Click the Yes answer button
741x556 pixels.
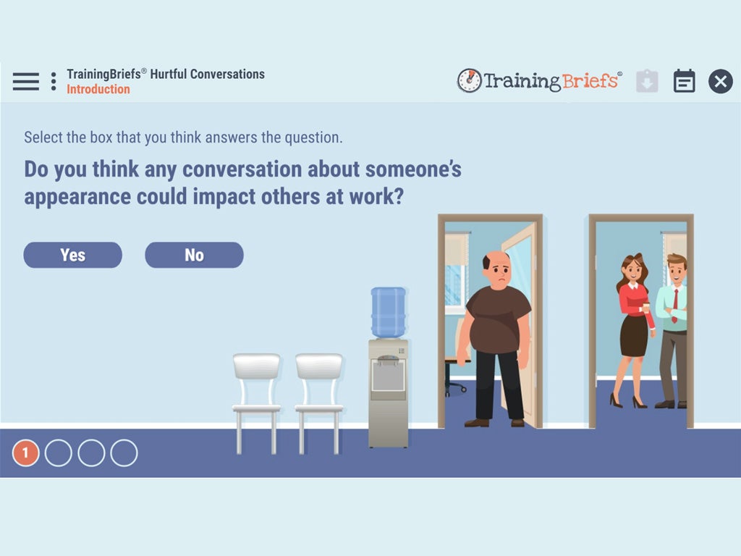click(x=73, y=255)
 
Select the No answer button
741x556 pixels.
click(x=194, y=255)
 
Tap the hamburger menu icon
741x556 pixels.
click(x=26, y=81)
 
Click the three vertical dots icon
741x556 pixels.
click(x=54, y=81)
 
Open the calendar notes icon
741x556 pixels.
click(x=684, y=81)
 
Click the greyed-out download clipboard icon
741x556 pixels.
click(x=647, y=81)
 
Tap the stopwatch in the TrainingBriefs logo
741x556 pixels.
click(x=469, y=80)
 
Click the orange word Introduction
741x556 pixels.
click(x=98, y=89)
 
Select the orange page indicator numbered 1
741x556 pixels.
click(x=25, y=453)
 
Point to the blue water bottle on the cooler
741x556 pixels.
click(x=389, y=312)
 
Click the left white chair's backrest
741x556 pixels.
click(x=257, y=366)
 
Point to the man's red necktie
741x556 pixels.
click(x=675, y=306)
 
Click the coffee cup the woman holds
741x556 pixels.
click(x=646, y=308)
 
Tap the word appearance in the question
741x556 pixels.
click(x=77, y=197)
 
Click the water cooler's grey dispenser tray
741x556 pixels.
click(x=388, y=376)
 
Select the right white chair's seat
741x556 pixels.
click(x=319, y=408)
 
